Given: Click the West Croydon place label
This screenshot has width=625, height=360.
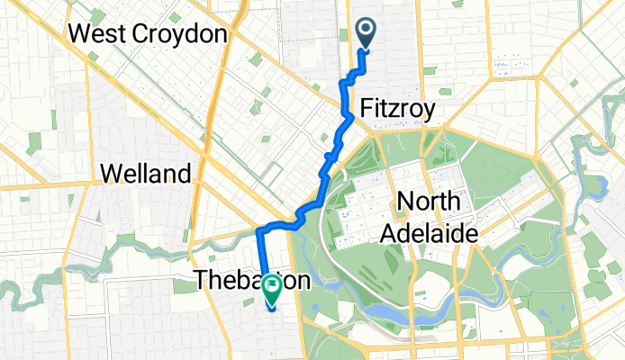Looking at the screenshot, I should [146, 34].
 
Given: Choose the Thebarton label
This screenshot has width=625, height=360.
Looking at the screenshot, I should [252, 281].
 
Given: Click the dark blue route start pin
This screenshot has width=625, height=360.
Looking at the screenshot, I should [367, 33].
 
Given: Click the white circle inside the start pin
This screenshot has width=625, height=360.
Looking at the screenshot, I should [367, 29].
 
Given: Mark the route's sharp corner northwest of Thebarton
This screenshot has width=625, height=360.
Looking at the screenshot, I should [258, 231].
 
